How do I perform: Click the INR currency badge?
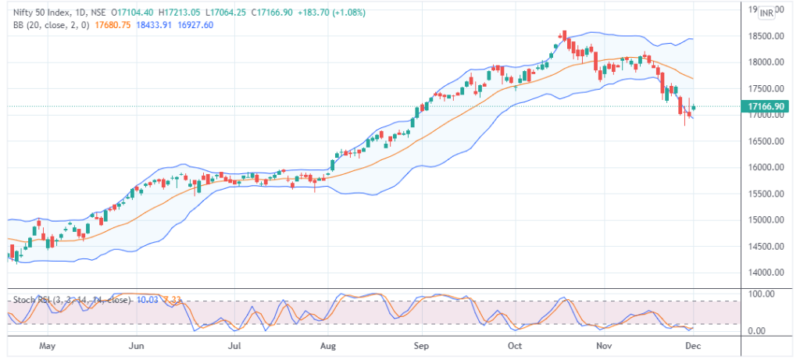pyautogui.click(x=766, y=12)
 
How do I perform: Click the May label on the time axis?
pyautogui.click(x=48, y=344)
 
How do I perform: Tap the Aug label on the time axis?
pyautogui.click(x=328, y=344)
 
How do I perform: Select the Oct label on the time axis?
pyautogui.click(x=516, y=344)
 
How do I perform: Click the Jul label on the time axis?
pyautogui.click(x=234, y=344)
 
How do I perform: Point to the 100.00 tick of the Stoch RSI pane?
pyautogui.click(x=762, y=294)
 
